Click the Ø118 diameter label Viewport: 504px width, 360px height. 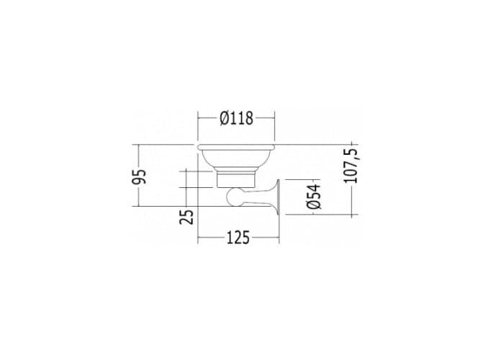coord(237,118)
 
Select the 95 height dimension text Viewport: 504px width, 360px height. coord(140,176)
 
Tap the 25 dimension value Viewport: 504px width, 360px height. coord(186,217)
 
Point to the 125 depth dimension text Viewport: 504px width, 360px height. coord(238,238)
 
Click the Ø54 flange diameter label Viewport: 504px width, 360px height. coord(314,197)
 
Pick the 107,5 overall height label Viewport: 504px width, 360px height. coord(351,166)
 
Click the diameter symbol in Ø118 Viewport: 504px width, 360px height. coord(225,118)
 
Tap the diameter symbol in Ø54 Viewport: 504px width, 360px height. coord(314,204)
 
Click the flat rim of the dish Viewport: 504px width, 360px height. coord(236,147)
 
